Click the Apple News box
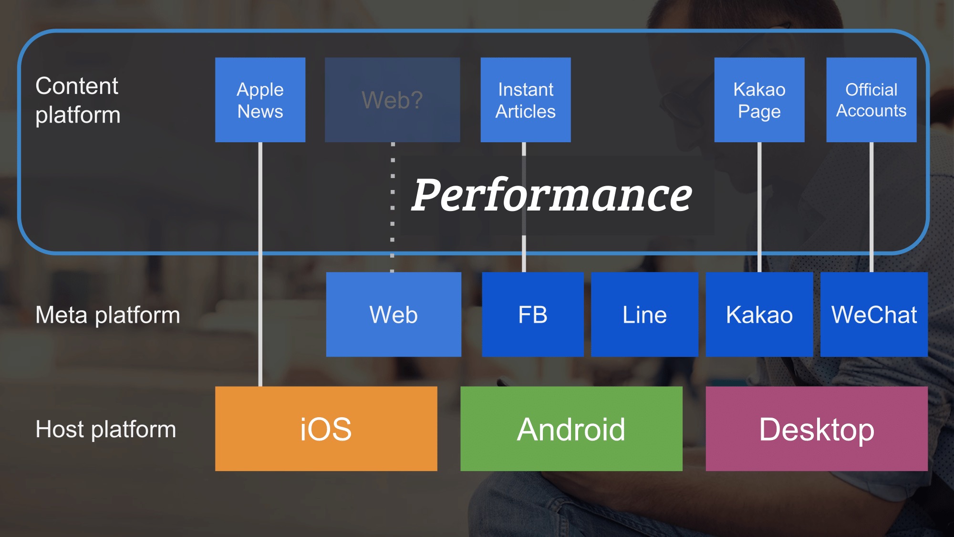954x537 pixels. pyautogui.click(x=260, y=100)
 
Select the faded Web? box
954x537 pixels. pyautogui.click(x=392, y=100)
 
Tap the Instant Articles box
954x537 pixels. pyautogui.click(x=525, y=100)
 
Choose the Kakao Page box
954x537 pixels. pyautogui.click(x=759, y=100)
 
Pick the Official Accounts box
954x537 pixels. pyautogui.click(x=871, y=100)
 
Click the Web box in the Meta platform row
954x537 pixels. pyautogui.click(x=394, y=314)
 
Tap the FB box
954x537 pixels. pyautogui.click(x=532, y=314)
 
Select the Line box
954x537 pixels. pyautogui.click(x=644, y=314)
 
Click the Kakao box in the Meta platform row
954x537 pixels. pyautogui.click(x=759, y=314)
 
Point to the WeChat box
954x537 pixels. pyautogui.click(x=874, y=314)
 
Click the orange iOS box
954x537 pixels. pyautogui.click(x=326, y=428)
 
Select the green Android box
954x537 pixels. pyautogui.click(x=571, y=428)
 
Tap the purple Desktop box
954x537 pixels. pyautogui.click(x=817, y=428)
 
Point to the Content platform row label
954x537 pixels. pyautogui.click(x=78, y=100)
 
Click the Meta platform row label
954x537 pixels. pyautogui.click(x=108, y=315)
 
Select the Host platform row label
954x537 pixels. pyautogui.click(x=106, y=429)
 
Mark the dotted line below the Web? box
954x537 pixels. pyautogui.click(x=393, y=205)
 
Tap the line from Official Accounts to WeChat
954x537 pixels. pyautogui.click(x=871, y=205)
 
